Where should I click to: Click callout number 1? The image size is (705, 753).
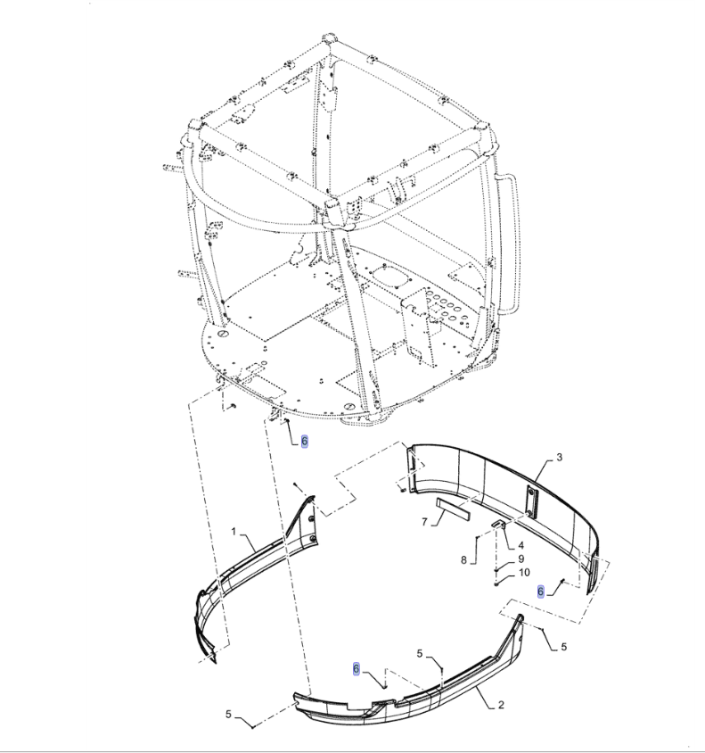point(234,532)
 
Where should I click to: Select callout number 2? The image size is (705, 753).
point(501,705)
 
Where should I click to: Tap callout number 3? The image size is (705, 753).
point(559,457)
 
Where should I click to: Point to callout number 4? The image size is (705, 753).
point(521,545)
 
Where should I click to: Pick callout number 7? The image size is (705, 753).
point(424,522)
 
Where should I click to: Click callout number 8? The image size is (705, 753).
point(463,560)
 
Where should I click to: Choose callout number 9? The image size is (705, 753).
point(521,559)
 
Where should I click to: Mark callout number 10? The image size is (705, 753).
point(524,573)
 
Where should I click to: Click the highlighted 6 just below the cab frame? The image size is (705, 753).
point(304,442)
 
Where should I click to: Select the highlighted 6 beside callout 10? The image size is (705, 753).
point(540,592)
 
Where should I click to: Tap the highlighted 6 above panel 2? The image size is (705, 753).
point(356,669)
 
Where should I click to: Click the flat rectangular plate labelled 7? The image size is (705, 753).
point(453,509)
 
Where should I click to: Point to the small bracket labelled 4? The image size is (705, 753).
point(499,525)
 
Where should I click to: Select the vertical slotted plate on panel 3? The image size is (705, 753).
point(531,501)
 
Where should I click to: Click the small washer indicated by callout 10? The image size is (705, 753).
point(496,584)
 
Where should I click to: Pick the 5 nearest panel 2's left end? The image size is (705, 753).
point(228,715)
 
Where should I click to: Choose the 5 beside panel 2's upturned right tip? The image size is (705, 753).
point(563,647)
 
